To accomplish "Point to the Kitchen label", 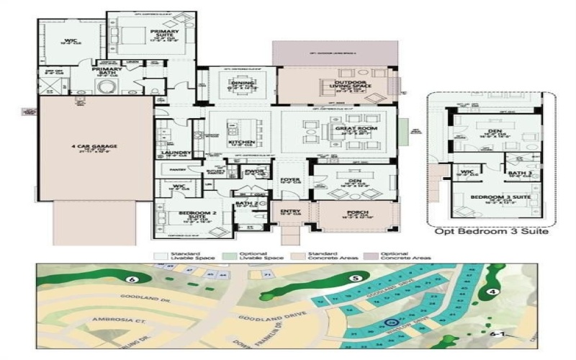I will point(241,142).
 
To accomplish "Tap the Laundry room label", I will point(176,153).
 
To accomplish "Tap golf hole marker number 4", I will point(492,292).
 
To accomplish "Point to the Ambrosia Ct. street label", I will point(117,318).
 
